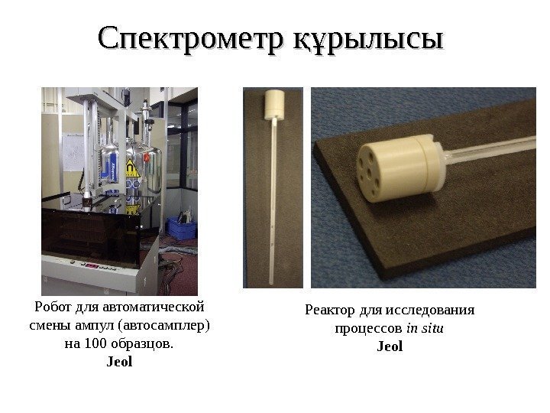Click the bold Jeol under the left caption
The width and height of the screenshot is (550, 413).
118,362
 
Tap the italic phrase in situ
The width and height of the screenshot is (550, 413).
425,329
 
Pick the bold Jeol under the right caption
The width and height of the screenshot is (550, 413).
390,346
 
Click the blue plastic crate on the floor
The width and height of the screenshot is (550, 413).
182,228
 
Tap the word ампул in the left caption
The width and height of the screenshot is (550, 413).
92,326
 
